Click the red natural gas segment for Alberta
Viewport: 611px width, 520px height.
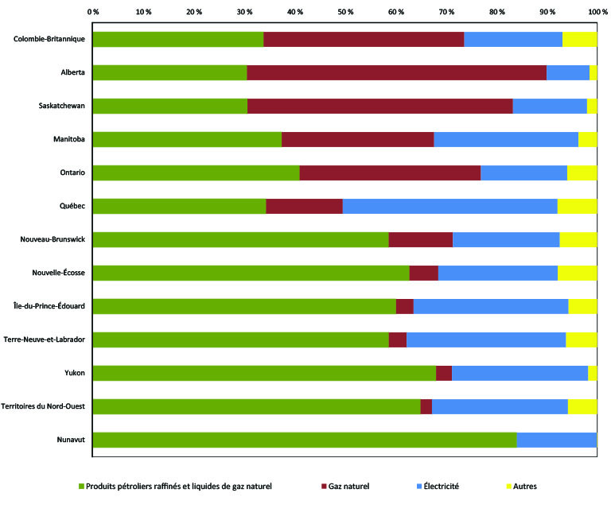[x=396, y=72]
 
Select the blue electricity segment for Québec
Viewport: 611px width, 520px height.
[x=449, y=206]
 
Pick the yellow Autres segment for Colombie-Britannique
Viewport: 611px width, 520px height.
[x=579, y=39]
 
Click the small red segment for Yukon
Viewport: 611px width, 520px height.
[x=444, y=373]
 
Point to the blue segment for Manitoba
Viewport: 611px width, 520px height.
[x=506, y=139]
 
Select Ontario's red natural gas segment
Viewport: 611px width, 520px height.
[x=390, y=173]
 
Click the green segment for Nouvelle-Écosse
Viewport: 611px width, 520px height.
[x=251, y=273]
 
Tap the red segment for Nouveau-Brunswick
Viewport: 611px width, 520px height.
[x=420, y=239]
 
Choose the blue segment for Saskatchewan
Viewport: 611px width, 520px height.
[x=550, y=106]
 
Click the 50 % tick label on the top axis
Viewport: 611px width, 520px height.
[x=345, y=12]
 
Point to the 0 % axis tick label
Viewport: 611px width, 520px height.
[x=92, y=12]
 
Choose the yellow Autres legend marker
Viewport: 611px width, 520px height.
[x=507, y=485]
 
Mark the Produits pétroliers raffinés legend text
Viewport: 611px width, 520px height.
[x=179, y=485]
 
